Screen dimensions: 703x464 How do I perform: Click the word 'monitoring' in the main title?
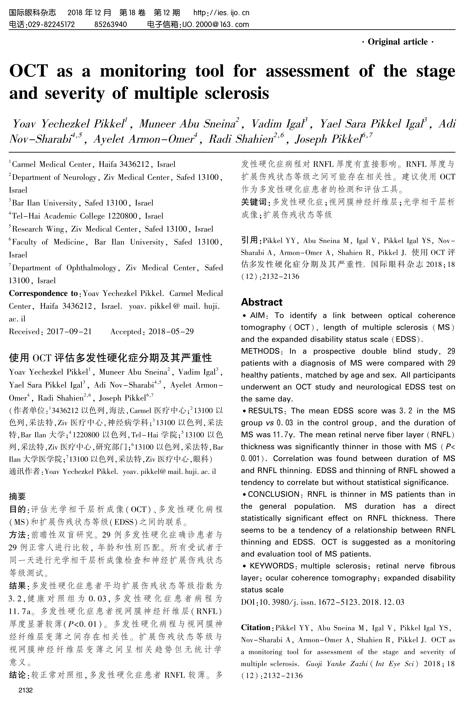tap(143, 71)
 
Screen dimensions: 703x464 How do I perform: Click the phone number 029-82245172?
tap(51, 24)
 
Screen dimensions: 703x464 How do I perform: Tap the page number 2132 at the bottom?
tap(25, 690)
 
